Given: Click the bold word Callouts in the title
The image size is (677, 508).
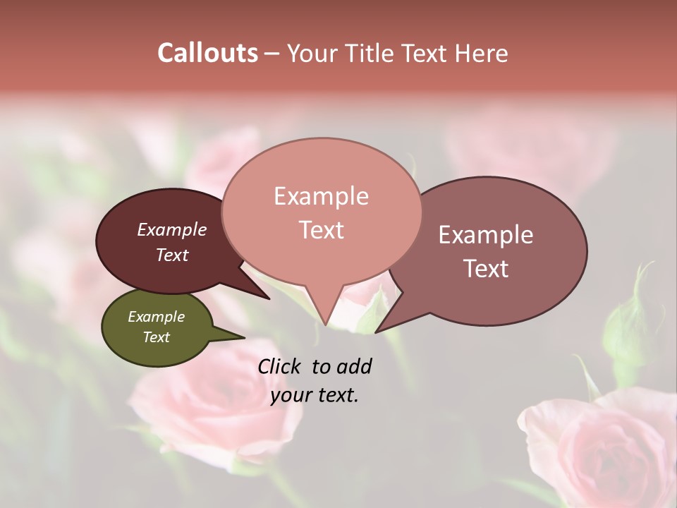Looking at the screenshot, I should pos(207,53).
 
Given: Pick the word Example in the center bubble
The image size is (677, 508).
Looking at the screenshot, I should pos(321,196).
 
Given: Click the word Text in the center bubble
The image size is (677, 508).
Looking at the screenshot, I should pos(321,230).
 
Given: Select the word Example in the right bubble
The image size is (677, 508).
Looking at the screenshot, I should pos(486,235).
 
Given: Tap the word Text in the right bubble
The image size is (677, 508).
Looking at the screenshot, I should pos(486,269).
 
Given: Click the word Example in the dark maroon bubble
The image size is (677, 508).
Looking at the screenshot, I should pos(171,229).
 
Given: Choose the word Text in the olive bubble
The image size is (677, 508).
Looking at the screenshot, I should pos(156,337).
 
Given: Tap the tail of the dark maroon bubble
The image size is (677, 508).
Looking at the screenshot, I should pos(267,297).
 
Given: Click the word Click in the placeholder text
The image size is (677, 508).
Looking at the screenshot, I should pos(280,366).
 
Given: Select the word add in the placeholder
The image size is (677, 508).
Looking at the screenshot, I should pos(353,366).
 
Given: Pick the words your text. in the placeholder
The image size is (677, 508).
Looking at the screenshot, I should pos(315,395).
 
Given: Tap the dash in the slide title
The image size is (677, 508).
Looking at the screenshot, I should pos(272,53).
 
